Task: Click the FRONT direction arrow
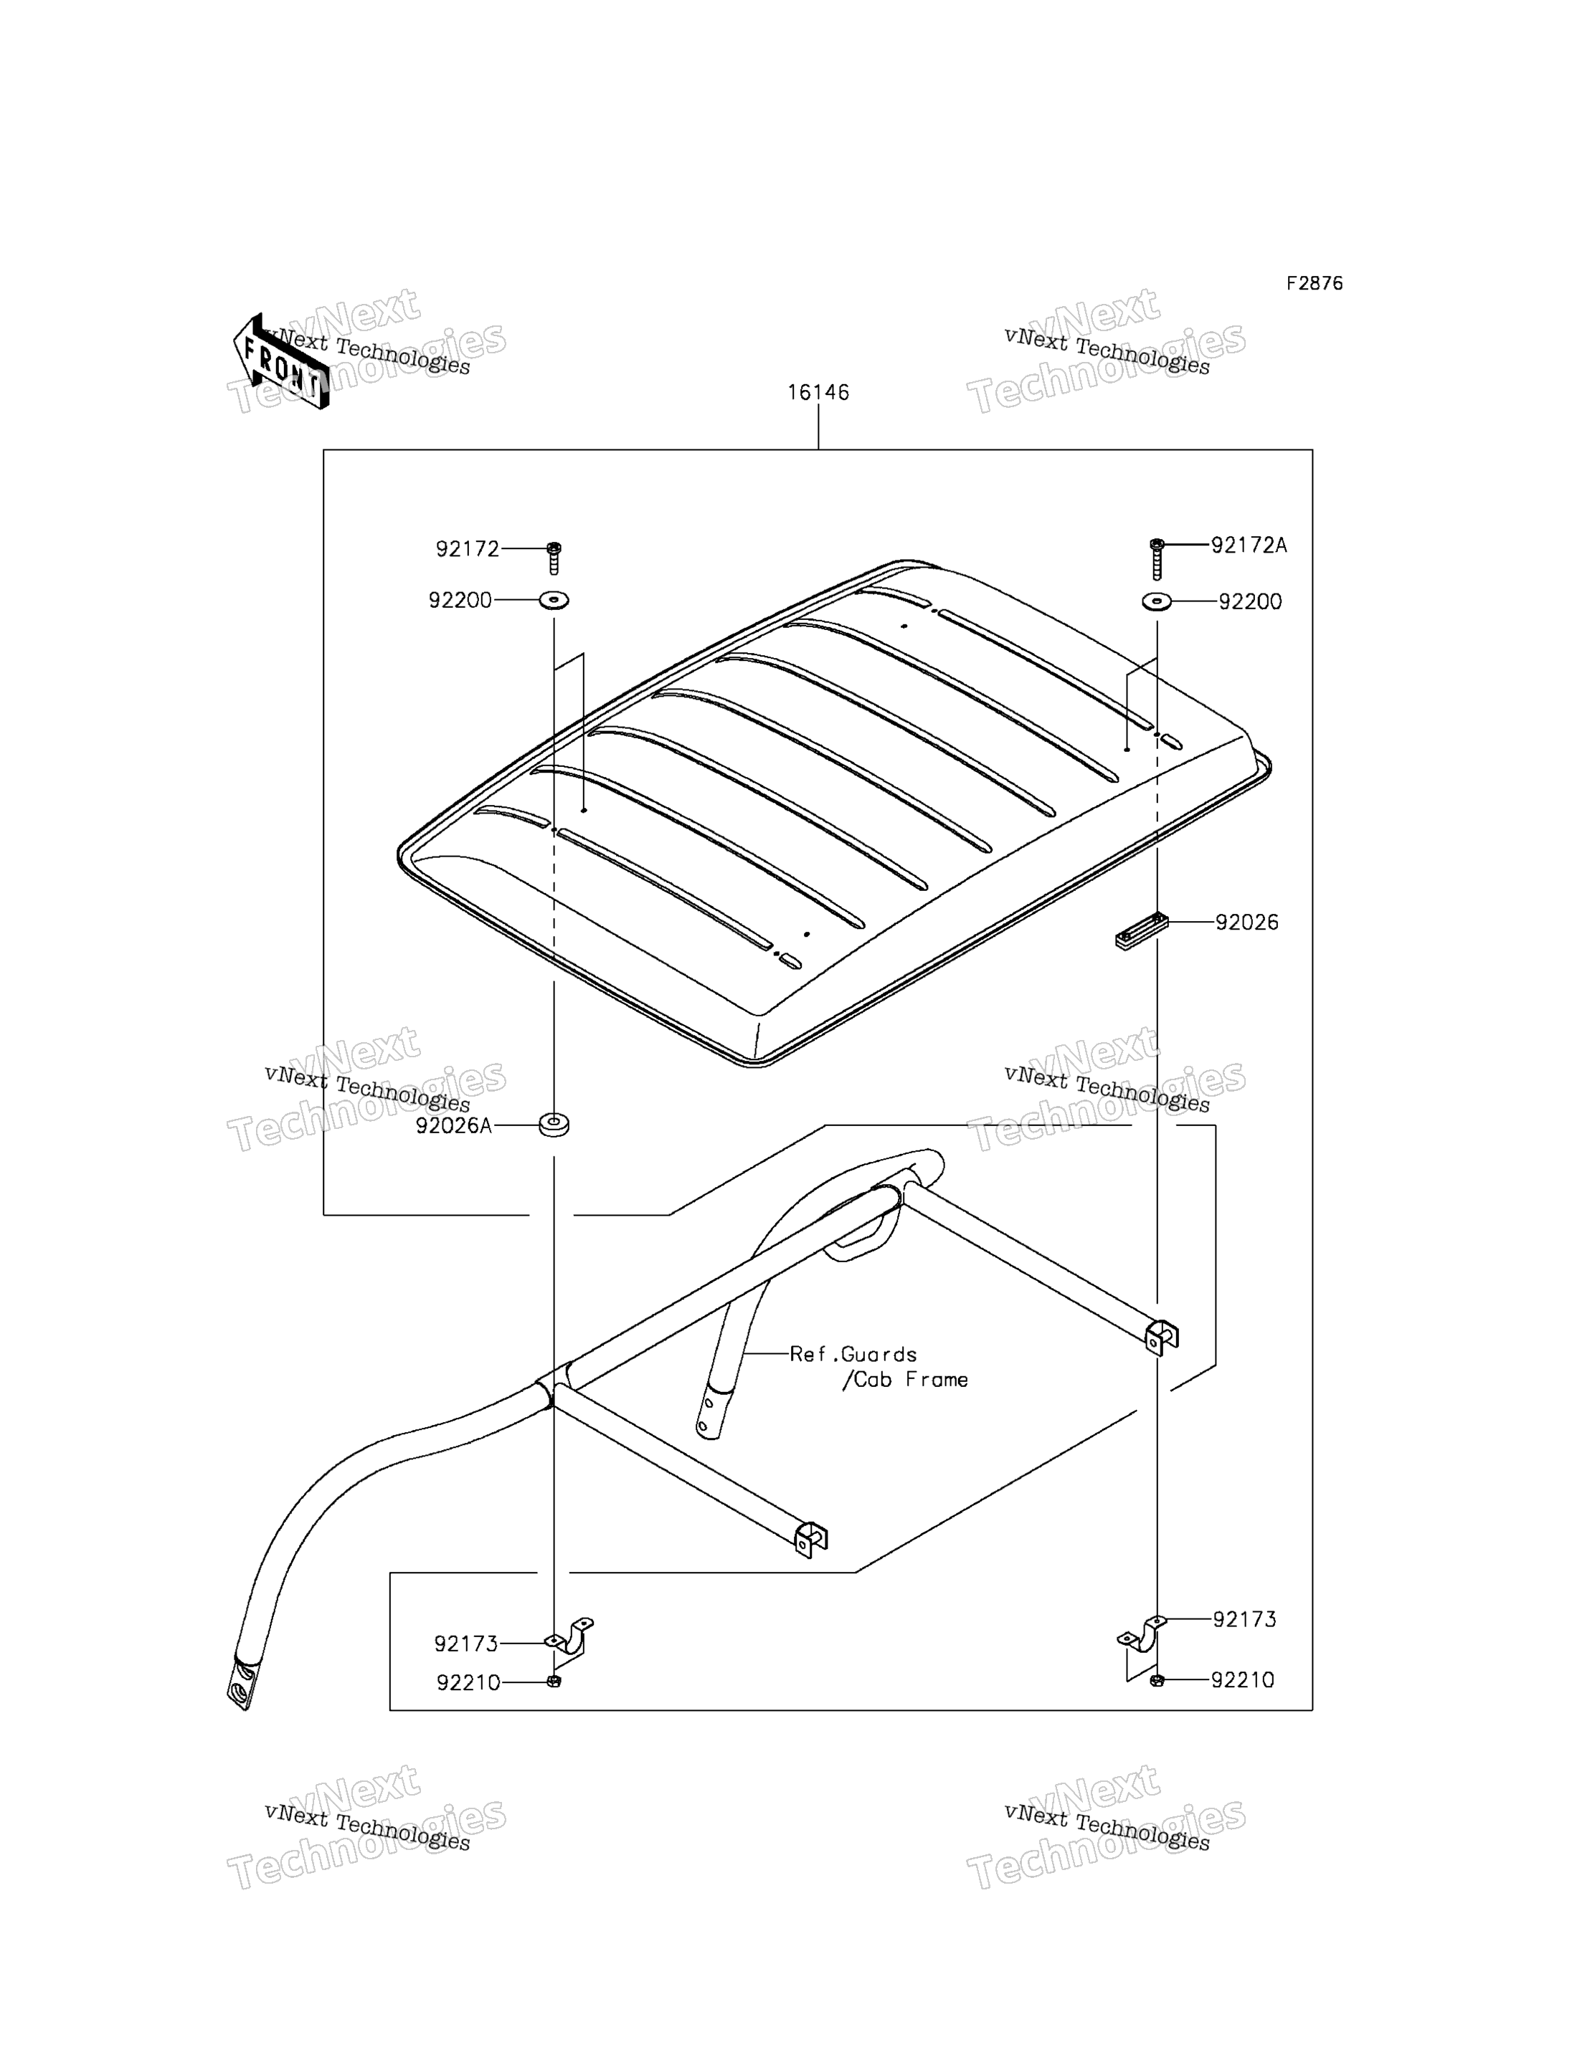pyautogui.click(x=280, y=362)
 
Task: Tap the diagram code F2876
pyautogui.click(x=1314, y=283)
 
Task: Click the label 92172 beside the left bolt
pyautogui.click(x=468, y=549)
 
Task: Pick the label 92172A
pyautogui.click(x=1249, y=545)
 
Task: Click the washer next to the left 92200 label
pyautogui.click(x=554, y=599)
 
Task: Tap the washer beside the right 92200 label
pyautogui.click(x=1157, y=601)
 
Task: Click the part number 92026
pyautogui.click(x=1246, y=922)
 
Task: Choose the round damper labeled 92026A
pyautogui.click(x=554, y=1125)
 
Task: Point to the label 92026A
pyautogui.click(x=454, y=1126)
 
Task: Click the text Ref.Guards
pyautogui.click(x=853, y=1355)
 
